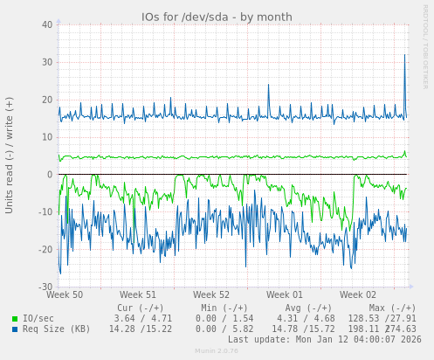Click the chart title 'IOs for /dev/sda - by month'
[217, 17]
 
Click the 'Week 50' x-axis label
[65, 295]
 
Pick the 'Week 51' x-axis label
[138, 295]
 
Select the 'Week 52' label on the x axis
[211, 295]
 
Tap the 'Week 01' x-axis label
[285, 295]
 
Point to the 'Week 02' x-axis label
[358, 295]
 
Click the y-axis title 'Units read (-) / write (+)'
[10, 155]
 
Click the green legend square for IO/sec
[15, 319]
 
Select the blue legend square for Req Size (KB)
[15, 329]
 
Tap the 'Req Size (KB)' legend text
[56, 329]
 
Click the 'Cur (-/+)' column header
[140, 308]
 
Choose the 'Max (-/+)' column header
[392, 308]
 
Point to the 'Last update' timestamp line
[324, 340]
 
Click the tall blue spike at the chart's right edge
[404, 58]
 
